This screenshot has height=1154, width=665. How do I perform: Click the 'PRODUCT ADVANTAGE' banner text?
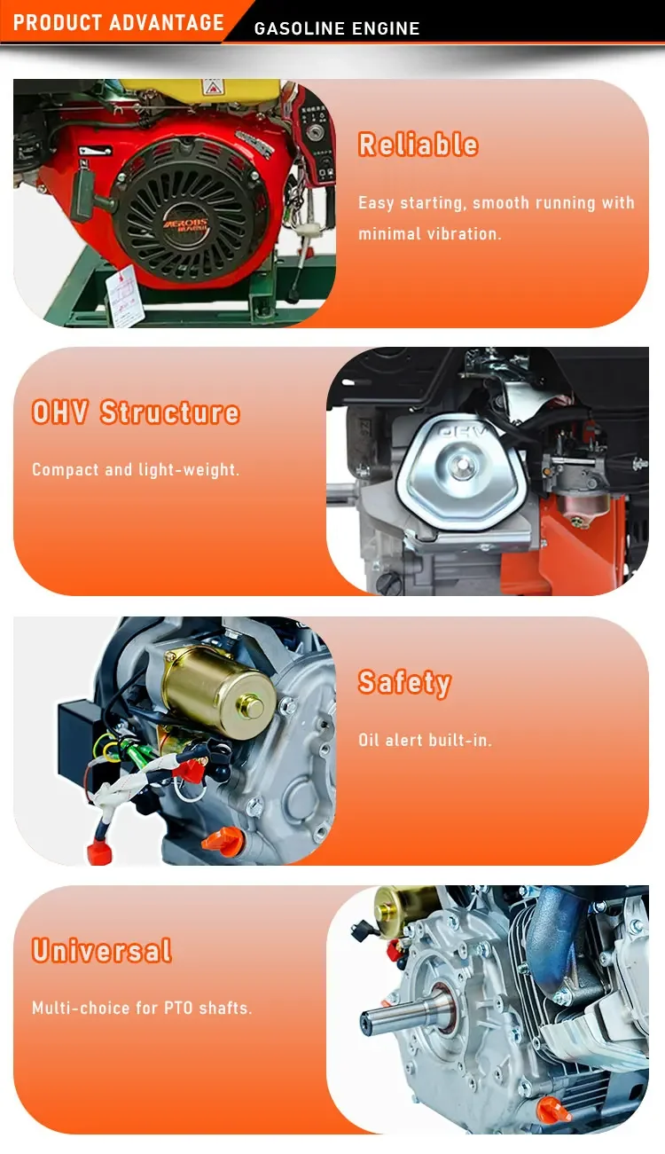coord(119,23)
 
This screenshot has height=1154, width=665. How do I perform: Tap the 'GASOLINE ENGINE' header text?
coord(337,28)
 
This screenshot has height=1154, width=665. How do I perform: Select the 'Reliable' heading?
coord(419,145)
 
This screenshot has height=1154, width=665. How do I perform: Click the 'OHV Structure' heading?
coord(136,412)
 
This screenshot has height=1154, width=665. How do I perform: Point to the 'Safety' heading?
coord(405,683)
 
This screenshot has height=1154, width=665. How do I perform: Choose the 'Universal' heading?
coord(101,951)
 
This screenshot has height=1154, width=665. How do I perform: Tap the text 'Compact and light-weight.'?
coord(136,470)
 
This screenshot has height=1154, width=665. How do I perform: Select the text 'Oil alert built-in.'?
coord(425,741)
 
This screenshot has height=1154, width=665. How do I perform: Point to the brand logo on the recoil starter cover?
coord(186,225)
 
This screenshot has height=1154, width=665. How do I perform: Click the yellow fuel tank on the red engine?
coord(201,89)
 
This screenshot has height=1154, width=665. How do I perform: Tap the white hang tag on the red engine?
coord(122,296)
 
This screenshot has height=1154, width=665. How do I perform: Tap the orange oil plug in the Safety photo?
coord(224,839)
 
